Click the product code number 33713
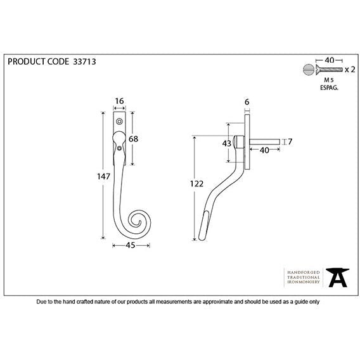(84, 61)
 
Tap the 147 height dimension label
(103, 177)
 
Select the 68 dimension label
(133, 139)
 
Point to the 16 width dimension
(119, 101)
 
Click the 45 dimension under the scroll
(131, 245)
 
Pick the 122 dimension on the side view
(196, 184)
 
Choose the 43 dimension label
(227, 143)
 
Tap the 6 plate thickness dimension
(247, 101)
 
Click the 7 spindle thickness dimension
(290, 142)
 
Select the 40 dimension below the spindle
(264, 150)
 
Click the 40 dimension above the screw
(329, 60)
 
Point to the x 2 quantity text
(350, 69)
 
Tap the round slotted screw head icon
(308, 69)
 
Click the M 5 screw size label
(329, 80)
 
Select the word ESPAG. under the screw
(329, 87)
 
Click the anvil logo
(337, 278)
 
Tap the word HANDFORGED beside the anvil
(304, 273)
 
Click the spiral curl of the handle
(138, 221)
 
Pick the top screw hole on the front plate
(119, 122)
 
